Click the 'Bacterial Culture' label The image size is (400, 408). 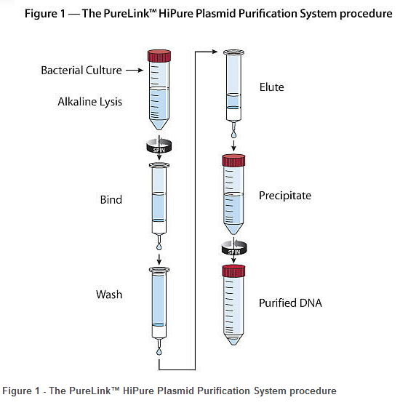[x=81, y=71]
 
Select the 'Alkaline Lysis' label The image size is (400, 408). [x=89, y=102]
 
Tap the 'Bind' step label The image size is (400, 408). [x=111, y=200]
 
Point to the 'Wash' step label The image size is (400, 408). [x=109, y=295]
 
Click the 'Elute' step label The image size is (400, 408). [x=271, y=87]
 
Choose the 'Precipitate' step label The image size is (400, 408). [x=285, y=196]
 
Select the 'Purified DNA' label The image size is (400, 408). [x=290, y=303]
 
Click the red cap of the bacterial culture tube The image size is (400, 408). [x=159, y=56]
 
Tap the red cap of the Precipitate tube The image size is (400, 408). [x=233, y=160]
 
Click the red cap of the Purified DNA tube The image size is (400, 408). [x=233, y=271]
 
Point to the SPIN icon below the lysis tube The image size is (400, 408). [x=159, y=146]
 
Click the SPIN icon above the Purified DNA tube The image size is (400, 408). [x=234, y=248]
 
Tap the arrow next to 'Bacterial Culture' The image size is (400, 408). [x=135, y=70]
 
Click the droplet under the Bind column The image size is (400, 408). [x=159, y=246]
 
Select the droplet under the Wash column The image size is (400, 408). [x=159, y=351]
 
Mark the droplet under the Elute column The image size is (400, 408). [x=233, y=135]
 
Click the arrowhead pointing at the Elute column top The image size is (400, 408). [x=215, y=52]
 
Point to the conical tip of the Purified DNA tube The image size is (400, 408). [x=233, y=340]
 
